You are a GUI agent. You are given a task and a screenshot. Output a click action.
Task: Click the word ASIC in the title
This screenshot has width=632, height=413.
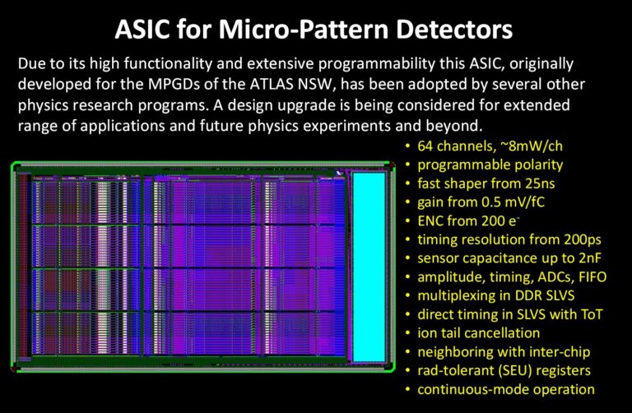(x=143, y=29)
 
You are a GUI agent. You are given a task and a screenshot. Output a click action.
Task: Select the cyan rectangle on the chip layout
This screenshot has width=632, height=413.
(x=369, y=267)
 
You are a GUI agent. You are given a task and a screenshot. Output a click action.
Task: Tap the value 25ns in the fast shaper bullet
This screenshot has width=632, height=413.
(x=540, y=183)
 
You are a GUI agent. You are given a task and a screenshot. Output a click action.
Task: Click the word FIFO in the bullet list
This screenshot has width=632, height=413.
(x=592, y=276)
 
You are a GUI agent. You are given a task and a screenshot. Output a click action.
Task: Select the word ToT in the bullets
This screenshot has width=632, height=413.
(x=592, y=314)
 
